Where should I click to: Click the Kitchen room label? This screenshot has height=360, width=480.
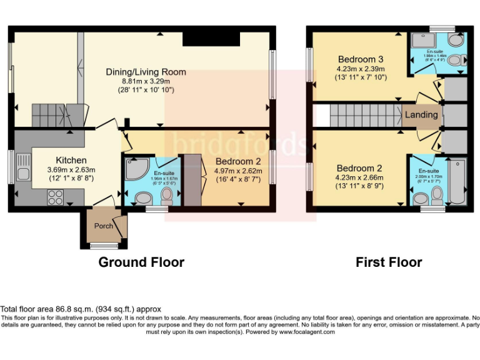71,160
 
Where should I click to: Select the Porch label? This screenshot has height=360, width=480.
103,226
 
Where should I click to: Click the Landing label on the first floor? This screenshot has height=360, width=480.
421,115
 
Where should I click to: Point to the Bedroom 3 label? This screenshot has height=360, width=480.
361,59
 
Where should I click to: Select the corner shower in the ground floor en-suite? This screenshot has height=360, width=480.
135,167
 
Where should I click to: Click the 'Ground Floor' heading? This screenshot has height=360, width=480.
141,262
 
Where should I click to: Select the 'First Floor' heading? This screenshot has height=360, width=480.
389,262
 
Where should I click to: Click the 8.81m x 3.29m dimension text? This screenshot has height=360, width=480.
146,81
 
